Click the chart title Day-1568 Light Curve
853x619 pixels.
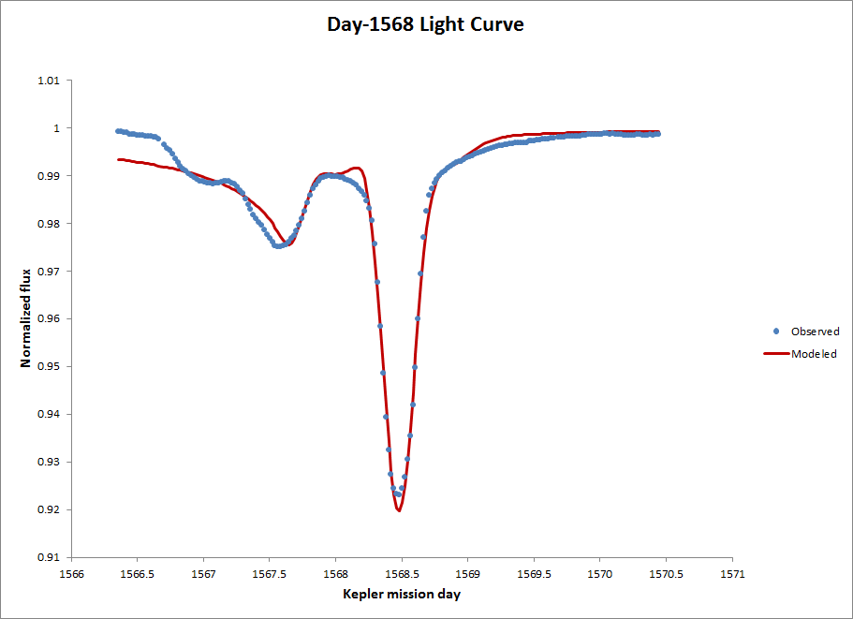[425, 24]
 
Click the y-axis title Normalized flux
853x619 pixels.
[27, 318]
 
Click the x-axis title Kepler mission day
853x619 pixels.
[401, 594]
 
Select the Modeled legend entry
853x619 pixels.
[814, 354]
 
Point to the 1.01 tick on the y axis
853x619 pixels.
[48, 81]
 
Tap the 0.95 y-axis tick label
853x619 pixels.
[48, 366]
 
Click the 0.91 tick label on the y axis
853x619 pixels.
[48, 557]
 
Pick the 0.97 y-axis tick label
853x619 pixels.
[48, 271]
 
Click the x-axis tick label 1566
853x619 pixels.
[72, 573]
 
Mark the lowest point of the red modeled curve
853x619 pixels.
[399, 510]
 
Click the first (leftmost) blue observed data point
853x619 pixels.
[118, 131]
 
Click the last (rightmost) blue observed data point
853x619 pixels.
[657, 134]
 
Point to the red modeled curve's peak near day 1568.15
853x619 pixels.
[357, 168]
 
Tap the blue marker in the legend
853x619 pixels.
[776, 331]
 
